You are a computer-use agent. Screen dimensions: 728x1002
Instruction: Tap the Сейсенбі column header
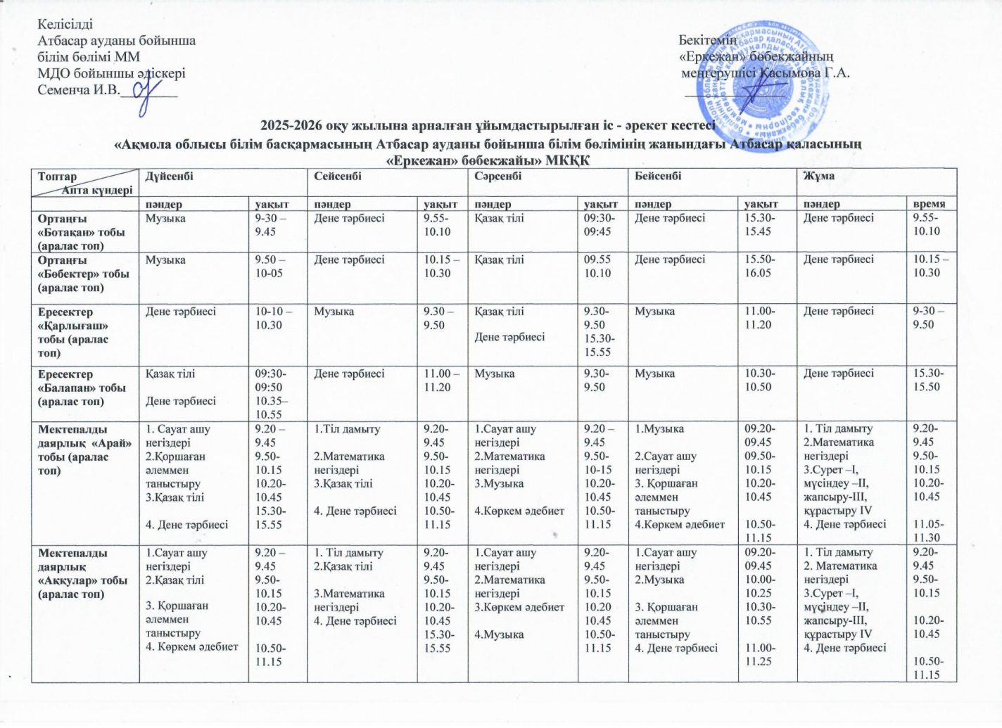click(338, 176)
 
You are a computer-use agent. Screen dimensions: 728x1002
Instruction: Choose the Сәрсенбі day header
click(497, 176)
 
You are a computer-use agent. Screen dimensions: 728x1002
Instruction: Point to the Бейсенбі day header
click(658, 176)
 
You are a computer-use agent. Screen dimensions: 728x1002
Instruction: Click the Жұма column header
click(819, 176)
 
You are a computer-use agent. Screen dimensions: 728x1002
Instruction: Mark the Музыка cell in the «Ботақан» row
click(165, 219)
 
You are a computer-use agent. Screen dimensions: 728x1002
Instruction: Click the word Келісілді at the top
click(65, 25)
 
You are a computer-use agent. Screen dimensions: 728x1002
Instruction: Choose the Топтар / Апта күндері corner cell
click(85, 183)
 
